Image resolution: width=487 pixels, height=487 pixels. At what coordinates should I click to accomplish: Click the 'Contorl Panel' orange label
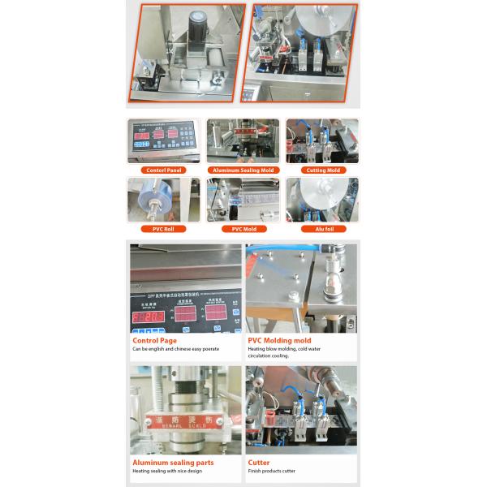coord(163,170)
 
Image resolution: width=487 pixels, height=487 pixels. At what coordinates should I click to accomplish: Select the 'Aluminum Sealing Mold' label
coord(243,170)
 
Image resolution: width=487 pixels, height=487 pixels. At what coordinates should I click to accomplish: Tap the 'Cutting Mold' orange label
coord(322,170)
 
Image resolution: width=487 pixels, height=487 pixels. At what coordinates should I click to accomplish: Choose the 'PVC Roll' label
coord(163,229)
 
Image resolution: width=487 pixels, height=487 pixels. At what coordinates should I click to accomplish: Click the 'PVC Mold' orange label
coord(243,229)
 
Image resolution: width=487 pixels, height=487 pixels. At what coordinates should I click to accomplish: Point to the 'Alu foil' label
coord(322,229)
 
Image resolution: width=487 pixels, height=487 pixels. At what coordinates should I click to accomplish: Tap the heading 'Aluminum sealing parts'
coord(173,463)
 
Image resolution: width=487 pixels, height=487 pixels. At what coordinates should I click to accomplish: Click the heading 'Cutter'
coord(260,463)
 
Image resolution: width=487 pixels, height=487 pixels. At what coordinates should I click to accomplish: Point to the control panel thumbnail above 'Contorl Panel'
coord(163,140)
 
